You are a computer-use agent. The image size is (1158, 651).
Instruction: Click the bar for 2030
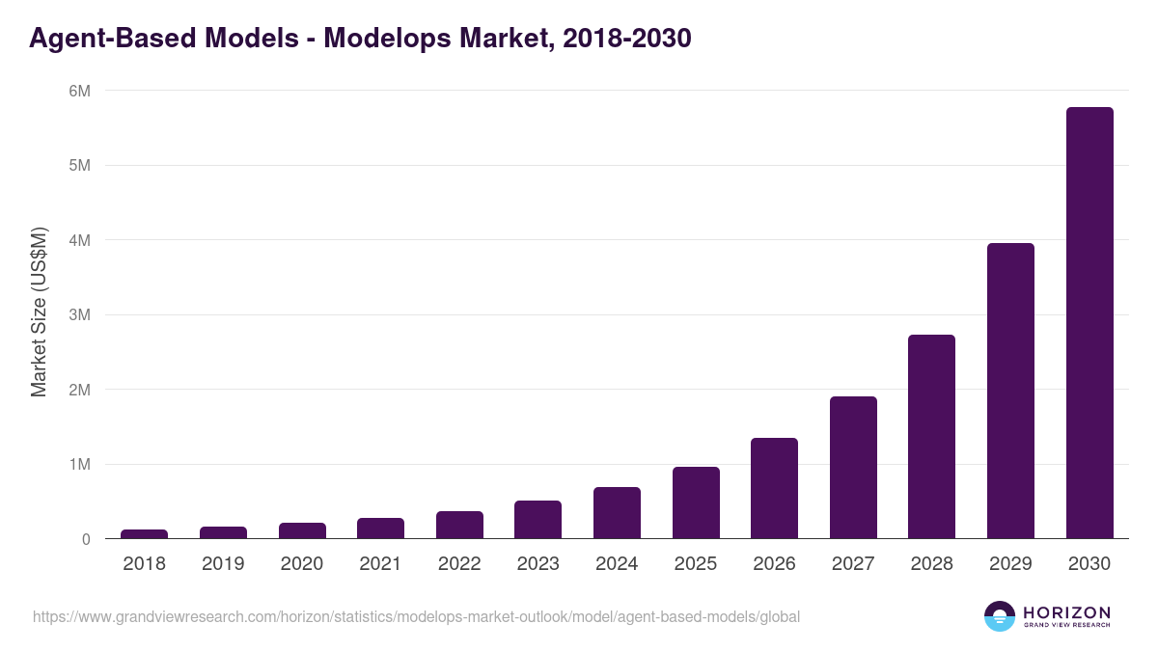1089,323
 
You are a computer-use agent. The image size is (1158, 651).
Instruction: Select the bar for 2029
1010,391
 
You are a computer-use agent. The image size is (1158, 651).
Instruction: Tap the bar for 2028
931,437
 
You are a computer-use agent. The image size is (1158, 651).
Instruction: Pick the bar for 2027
853,468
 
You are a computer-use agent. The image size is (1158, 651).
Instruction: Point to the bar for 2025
696,502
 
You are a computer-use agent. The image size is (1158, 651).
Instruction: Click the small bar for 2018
144,533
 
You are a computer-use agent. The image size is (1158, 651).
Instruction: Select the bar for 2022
459,525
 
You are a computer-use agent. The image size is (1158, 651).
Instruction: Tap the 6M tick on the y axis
78,91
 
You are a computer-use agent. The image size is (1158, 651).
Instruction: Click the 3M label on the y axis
78,315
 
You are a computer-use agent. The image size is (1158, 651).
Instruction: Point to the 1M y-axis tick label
78,465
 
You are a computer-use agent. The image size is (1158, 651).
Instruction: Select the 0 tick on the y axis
85,539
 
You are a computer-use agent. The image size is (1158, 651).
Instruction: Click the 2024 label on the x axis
617,564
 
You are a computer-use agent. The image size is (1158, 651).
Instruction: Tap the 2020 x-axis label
301,564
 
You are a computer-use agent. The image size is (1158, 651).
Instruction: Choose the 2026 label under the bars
774,564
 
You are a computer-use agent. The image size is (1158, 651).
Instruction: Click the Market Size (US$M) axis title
39,313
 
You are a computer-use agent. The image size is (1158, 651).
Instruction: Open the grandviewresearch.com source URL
416,616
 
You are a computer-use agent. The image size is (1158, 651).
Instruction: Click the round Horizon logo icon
1000,616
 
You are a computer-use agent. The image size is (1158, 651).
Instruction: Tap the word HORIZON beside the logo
1066,611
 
